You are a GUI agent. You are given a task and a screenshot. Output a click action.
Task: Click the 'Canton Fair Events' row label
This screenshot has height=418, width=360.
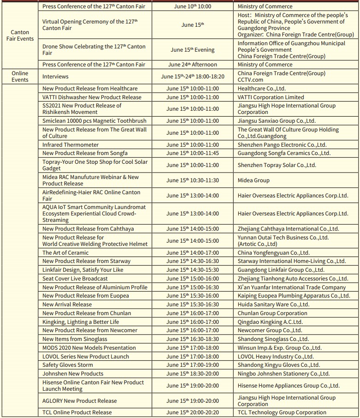tap(20, 36)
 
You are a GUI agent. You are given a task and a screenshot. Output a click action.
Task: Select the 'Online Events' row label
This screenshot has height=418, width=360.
tap(20, 77)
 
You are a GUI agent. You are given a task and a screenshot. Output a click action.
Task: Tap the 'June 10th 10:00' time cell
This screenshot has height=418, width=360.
tap(193, 6)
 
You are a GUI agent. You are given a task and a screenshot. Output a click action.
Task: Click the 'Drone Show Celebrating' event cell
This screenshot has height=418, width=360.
tap(94, 50)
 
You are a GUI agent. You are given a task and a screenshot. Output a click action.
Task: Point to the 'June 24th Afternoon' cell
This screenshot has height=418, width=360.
tap(193, 65)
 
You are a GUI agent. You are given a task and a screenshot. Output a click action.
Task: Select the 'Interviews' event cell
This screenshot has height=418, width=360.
tap(55, 77)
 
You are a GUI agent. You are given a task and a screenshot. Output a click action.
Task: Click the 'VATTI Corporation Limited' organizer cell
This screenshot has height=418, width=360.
tap(271, 97)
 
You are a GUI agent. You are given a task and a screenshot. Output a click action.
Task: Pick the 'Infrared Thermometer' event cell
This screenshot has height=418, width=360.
tap(71, 145)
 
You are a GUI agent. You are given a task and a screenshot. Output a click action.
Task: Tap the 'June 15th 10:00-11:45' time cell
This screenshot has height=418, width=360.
tap(193, 153)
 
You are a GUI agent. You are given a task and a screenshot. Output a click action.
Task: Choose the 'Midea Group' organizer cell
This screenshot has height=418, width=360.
tap(254, 180)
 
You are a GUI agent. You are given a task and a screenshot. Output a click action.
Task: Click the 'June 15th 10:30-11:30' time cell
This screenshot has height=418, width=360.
tap(193, 180)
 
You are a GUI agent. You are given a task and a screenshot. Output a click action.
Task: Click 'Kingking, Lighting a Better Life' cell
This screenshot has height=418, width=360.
tap(81, 322)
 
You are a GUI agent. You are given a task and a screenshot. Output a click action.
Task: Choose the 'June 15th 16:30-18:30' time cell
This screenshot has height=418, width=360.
tap(193, 339)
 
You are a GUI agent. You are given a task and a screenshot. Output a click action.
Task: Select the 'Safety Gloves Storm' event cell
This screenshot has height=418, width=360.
tap(67, 365)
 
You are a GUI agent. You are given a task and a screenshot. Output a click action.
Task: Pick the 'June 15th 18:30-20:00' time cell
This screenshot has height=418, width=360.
tap(193, 374)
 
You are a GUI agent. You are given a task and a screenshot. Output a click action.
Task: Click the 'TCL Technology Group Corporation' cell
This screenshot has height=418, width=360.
tap(282, 412)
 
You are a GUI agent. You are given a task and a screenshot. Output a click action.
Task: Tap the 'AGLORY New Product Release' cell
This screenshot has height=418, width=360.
tap(80, 401)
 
